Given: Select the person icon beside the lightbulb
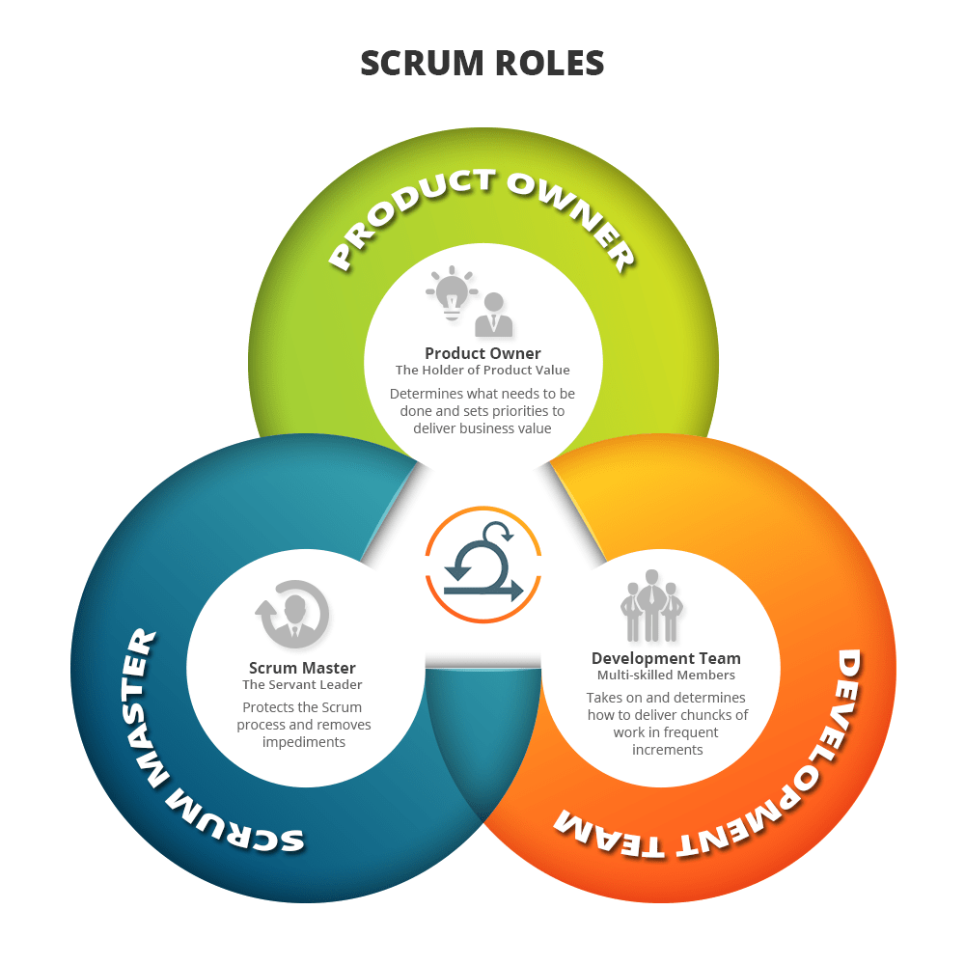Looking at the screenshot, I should click(493, 314).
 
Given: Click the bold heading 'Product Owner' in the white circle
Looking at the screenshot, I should click(482, 353).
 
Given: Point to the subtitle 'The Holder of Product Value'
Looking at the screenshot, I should click(482, 370).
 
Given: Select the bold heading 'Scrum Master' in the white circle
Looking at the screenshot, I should click(302, 668).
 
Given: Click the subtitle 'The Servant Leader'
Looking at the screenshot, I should click(302, 684).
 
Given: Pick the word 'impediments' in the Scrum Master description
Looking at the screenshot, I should click(303, 742).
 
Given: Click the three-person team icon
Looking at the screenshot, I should click(651, 606).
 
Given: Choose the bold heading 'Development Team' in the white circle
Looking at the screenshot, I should click(666, 659).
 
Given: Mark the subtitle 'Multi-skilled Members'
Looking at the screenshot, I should click(666, 675).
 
